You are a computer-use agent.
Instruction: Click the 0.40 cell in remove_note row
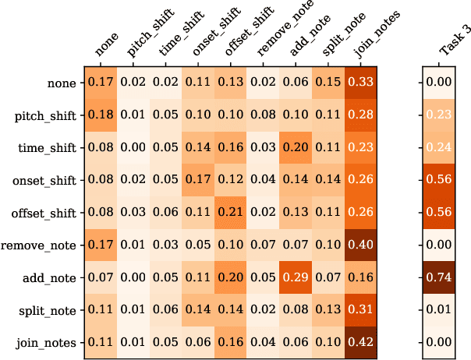click(360, 245)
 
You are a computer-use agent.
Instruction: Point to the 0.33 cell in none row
click(360, 82)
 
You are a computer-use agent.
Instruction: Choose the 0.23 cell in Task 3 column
click(440, 115)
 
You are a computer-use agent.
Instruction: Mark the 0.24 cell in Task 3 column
click(440, 147)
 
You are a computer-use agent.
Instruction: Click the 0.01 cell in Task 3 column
click(440, 311)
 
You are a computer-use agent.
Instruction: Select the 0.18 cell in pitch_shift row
click(100, 115)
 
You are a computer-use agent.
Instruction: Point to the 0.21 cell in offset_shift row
click(230, 213)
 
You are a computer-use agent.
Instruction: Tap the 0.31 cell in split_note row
click(360, 311)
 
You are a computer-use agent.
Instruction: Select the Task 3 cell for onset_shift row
click(440, 180)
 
